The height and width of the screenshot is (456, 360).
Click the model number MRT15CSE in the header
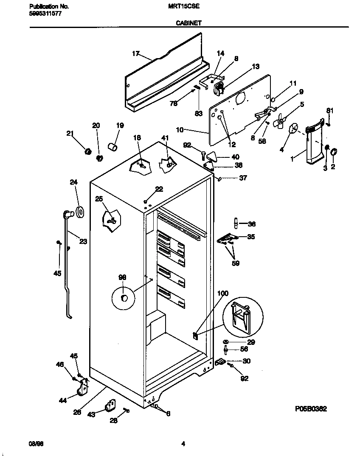point(186,7)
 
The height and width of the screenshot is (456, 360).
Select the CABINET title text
point(188,24)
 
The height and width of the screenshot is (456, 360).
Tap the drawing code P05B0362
point(311,409)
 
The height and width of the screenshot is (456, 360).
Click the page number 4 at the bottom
point(183,444)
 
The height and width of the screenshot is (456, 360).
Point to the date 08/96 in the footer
point(36,444)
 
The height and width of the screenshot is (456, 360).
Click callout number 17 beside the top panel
point(135,53)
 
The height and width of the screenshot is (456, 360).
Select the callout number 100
point(222,294)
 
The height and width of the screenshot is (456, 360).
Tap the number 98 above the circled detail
point(122,277)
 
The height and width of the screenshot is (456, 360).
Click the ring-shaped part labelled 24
point(79,211)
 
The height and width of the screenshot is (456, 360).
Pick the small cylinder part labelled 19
point(113,147)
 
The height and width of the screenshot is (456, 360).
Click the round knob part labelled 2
point(333,151)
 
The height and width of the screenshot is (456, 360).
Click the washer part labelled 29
point(225,342)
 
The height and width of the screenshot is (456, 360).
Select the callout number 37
point(242,178)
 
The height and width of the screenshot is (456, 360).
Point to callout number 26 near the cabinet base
point(77,411)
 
